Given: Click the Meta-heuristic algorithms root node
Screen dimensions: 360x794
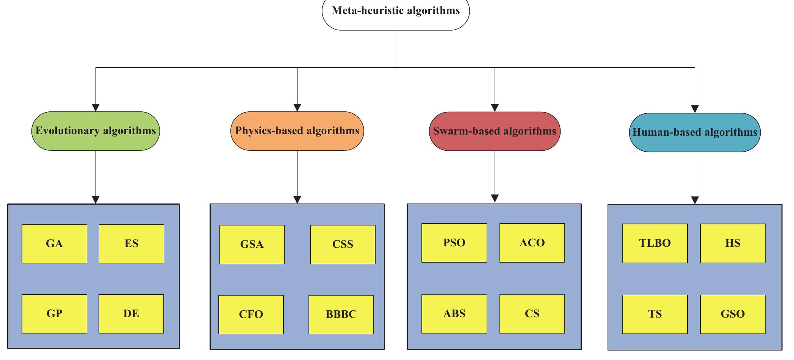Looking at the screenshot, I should [x=396, y=11].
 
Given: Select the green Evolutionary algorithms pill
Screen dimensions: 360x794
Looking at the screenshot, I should [x=96, y=131].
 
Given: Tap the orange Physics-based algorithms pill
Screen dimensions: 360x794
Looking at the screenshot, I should [x=297, y=131].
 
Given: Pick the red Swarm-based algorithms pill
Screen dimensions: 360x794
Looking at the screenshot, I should [x=495, y=131].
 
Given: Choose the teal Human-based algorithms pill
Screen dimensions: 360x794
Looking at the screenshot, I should [x=695, y=132].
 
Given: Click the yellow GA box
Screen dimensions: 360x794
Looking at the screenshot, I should [x=54, y=244].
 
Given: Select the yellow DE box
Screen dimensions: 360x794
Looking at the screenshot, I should [x=131, y=314].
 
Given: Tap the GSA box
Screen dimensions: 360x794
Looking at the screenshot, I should [x=252, y=244].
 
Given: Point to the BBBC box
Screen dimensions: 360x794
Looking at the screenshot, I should [x=341, y=315].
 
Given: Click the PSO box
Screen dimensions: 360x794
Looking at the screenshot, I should [x=454, y=243].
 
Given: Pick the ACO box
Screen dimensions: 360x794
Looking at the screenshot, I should [x=532, y=243].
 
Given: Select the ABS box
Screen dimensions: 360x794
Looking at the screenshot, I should [x=454, y=314].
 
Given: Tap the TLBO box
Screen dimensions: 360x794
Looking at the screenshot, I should [x=655, y=243].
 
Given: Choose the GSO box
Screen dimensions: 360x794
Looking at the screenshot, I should [x=733, y=314].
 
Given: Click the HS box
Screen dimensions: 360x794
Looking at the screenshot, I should [x=733, y=243].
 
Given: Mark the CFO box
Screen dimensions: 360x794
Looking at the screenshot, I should [x=251, y=315].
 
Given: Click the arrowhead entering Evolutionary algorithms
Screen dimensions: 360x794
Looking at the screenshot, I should [x=96, y=108].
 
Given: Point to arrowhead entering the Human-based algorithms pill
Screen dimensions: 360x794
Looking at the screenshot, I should [x=695, y=109].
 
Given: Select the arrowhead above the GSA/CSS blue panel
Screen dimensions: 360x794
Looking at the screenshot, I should [x=297, y=200].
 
